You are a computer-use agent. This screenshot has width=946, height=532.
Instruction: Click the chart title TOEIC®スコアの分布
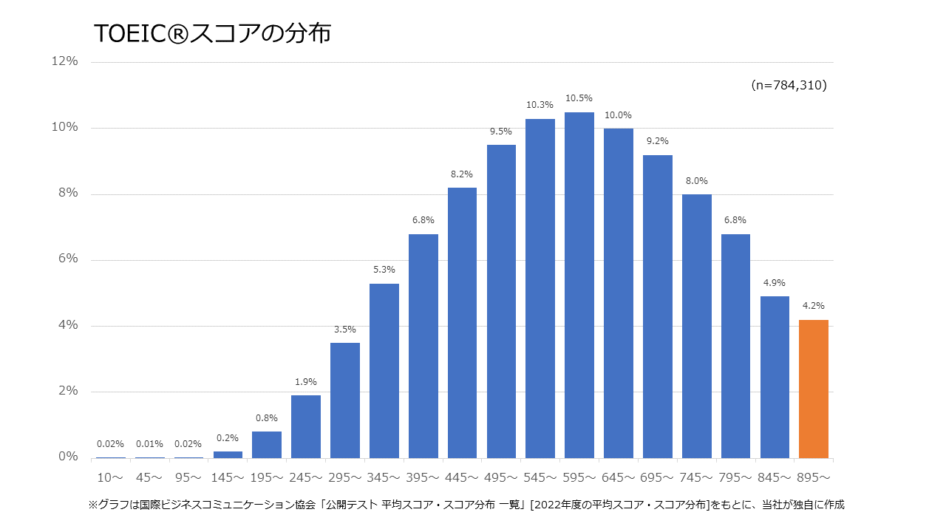(213, 34)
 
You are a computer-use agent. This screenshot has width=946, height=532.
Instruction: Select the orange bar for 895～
(814, 389)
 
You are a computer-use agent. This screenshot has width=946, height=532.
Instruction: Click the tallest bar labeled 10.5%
(579, 285)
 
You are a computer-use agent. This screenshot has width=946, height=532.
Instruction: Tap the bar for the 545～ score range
(540, 288)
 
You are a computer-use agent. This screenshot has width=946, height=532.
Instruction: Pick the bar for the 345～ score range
(384, 371)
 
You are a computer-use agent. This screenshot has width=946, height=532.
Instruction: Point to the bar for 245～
(306, 426)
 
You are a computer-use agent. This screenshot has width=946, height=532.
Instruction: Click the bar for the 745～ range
(696, 326)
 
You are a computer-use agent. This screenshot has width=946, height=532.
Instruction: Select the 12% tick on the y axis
(64, 61)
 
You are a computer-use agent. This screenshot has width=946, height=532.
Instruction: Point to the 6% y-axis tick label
(67, 259)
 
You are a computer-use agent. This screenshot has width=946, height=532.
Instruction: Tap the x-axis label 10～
(110, 478)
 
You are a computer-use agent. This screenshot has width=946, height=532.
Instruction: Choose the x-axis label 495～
(501, 478)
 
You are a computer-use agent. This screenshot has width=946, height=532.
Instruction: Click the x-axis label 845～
(775, 478)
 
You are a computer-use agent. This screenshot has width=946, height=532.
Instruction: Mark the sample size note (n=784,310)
(789, 86)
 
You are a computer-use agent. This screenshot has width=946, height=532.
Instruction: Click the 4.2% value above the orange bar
(814, 305)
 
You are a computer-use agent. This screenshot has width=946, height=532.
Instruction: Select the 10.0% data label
(618, 115)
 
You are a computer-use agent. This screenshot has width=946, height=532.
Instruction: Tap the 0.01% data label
(149, 444)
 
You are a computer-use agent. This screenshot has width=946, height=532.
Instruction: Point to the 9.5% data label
(501, 132)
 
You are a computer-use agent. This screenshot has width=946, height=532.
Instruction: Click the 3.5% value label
(344, 330)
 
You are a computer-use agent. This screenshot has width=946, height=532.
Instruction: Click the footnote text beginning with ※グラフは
(466, 505)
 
